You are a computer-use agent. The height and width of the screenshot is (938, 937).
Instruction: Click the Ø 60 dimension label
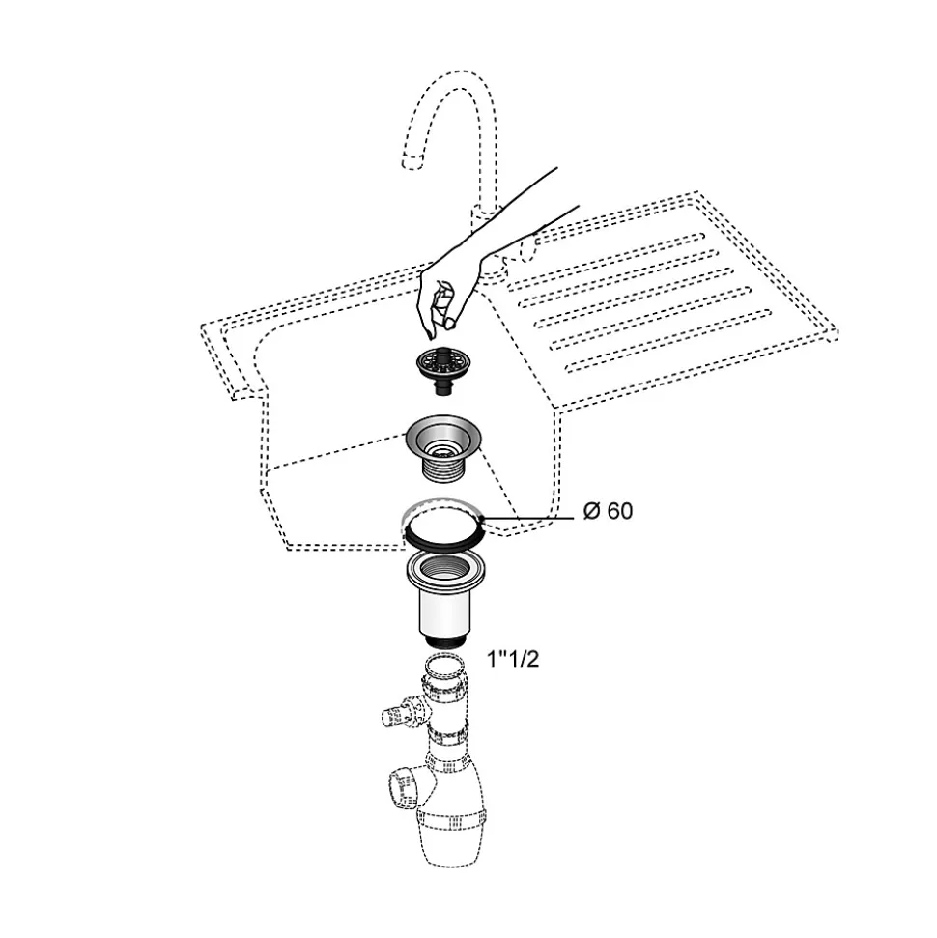(x=608, y=511)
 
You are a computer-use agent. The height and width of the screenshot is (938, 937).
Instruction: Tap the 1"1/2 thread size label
(x=513, y=659)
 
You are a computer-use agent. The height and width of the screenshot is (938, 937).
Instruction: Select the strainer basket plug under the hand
(x=443, y=368)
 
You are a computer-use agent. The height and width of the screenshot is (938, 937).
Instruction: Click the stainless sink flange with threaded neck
(x=443, y=447)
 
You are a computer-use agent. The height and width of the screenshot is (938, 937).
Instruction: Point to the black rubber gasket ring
(x=443, y=538)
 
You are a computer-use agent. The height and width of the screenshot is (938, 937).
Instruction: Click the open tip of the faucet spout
(x=412, y=161)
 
